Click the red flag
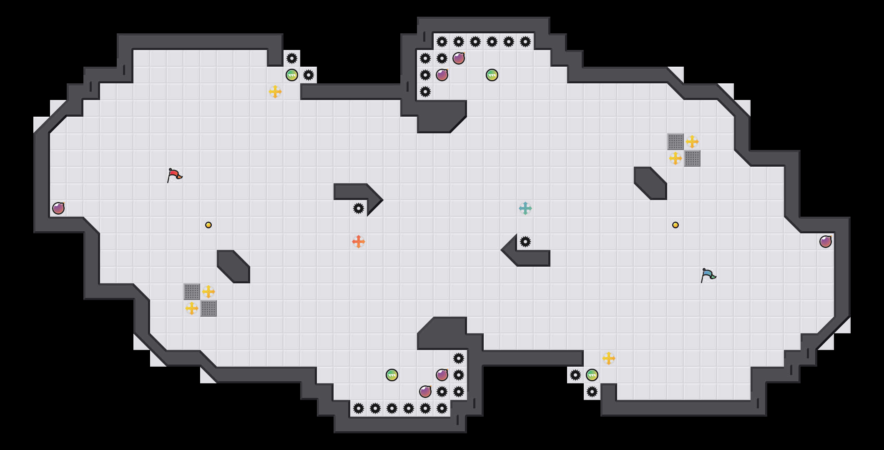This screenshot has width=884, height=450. click(174, 175)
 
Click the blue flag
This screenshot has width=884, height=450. click(708, 275)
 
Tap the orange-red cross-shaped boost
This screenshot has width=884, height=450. click(359, 242)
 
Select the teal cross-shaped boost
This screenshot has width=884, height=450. click(525, 208)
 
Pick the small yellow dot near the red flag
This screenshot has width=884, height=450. click(208, 225)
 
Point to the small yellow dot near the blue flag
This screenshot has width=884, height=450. click(676, 225)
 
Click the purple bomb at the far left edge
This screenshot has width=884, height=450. click(58, 208)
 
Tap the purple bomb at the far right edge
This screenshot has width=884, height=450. click(826, 242)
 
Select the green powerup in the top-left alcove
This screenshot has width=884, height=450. click(292, 75)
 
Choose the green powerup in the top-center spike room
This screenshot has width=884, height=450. click(492, 75)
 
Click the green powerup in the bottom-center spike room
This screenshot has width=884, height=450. click(392, 375)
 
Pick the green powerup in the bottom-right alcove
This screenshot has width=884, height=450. click(592, 375)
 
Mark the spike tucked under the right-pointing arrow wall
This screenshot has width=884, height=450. click(359, 208)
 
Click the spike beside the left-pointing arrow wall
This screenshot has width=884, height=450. click(525, 242)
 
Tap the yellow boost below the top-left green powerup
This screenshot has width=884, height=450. click(275, 92)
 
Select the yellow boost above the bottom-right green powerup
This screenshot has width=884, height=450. click(609, 358)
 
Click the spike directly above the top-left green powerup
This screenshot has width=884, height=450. click(292, 58)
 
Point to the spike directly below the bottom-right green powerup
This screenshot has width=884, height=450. click(592, 392)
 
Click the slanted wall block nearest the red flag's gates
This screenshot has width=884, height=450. click(234, 267)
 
